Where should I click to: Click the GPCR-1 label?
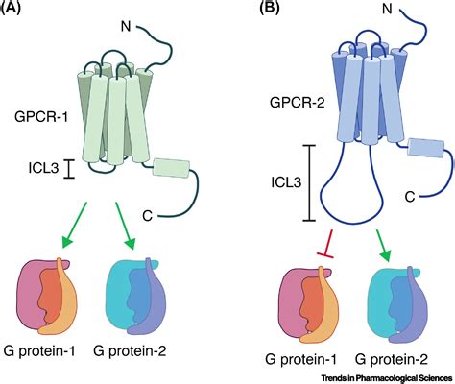tap(41, 117)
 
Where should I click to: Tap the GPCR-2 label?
tap(298, 103)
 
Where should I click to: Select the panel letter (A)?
tap(11, 7)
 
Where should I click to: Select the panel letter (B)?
tap(269, 7)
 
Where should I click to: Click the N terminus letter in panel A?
tap(126, 26)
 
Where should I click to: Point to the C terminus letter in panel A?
tap(147, 216)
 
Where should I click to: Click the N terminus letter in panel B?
tap(387, 9)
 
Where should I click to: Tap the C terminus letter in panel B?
tap(410, 197)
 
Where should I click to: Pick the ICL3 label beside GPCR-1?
tap(44, 167)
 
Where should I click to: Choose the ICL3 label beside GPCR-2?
tap(286, 182)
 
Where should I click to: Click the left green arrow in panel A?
tap(74, 225)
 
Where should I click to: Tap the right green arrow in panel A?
tap(126, 226)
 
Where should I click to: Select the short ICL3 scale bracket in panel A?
tap(69, 169)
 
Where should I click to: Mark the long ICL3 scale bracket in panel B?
tap(309, 182)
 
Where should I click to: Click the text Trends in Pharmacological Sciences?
tap(387, 378)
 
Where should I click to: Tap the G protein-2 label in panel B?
tap(391, 360)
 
